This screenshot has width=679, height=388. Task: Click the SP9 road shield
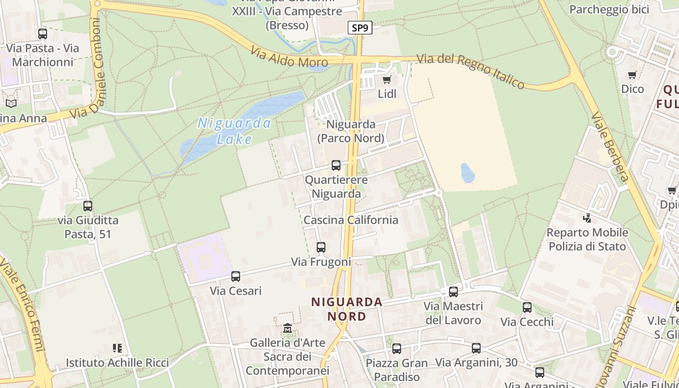(360, 28)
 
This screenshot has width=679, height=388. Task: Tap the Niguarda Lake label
(234, 131)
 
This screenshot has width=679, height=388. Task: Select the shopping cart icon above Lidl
(387, 80)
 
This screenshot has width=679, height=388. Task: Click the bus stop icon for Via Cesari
(236, 276)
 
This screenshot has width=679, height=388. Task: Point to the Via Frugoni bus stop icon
(321, 247)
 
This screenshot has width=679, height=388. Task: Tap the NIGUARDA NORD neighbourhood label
(347, 309)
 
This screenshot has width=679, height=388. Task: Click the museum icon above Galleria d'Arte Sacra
(287, 329)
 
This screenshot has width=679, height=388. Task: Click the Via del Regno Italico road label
(470, 71)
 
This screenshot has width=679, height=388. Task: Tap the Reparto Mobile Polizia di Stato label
(587, 240)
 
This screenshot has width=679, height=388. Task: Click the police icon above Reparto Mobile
(587, 218)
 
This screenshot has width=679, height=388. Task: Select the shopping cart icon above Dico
(632, 75)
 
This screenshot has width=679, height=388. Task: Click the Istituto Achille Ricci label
(117, 363)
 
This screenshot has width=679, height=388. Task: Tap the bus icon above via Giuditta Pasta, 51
(88, 206)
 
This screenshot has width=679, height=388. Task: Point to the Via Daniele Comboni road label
(91, 68)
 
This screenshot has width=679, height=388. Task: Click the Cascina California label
(351, 220)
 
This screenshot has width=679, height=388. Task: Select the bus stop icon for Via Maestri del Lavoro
(453, 292)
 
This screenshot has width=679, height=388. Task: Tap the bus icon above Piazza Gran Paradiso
(397, 349)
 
